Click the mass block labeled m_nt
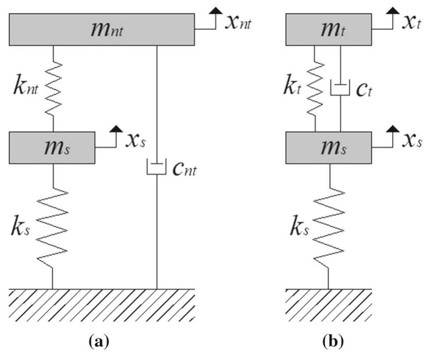pos(102,29)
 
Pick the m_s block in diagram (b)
pos(328,148)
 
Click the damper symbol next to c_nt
pos(157,169)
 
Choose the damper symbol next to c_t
pos(341,88)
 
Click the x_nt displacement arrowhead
pos(215,16)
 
